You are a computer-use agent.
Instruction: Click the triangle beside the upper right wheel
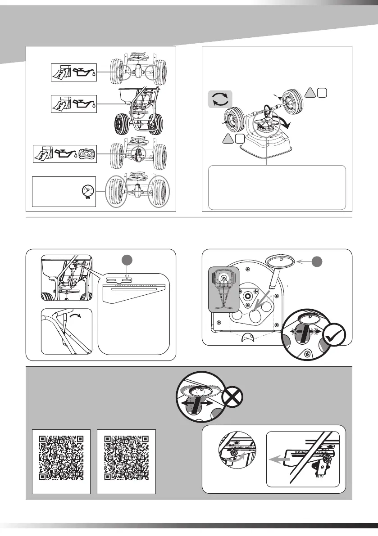click(310, 92)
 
